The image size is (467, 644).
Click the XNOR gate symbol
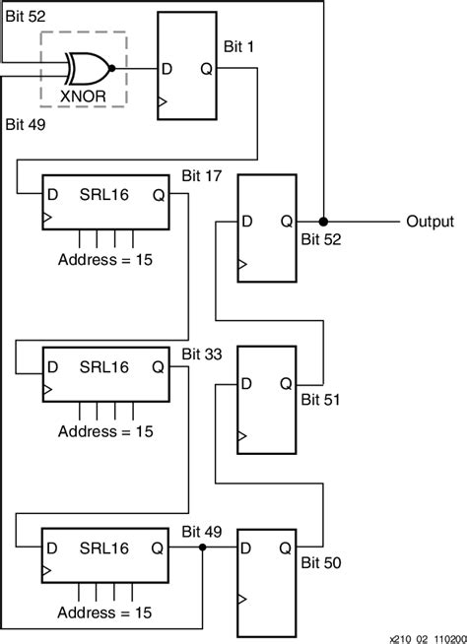[x=86, y=69]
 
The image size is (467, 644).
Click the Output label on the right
[x=430, y=222]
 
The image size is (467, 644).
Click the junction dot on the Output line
[x=324, y=222]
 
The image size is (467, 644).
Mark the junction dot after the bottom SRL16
[x=202, y=547]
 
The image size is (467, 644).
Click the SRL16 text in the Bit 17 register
[x=103, y=193]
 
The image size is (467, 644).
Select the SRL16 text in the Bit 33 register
[x=103, y=368]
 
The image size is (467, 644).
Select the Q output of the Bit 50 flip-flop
[x=285, y=547]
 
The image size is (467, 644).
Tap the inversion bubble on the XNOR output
[x=113, y=69]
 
